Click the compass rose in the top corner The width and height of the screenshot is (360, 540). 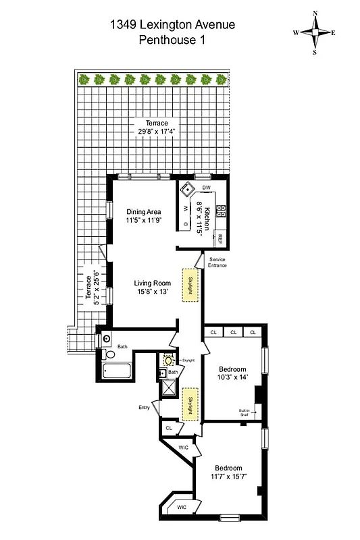[x=315, y=32]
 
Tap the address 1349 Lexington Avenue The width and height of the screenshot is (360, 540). [x=173, y=25]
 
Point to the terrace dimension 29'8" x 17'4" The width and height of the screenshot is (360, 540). [x=153, y=132]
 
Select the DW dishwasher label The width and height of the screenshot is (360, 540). [x=207, y=187]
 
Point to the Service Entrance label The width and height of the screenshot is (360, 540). [x=217, y=262]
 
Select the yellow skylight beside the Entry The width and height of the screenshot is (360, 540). [x=190, y=404]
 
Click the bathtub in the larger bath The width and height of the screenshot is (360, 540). [x=117, y=370]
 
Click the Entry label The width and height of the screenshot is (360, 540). [x=145, y=407]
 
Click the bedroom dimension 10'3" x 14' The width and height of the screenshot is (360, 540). [x=234, y=378]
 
